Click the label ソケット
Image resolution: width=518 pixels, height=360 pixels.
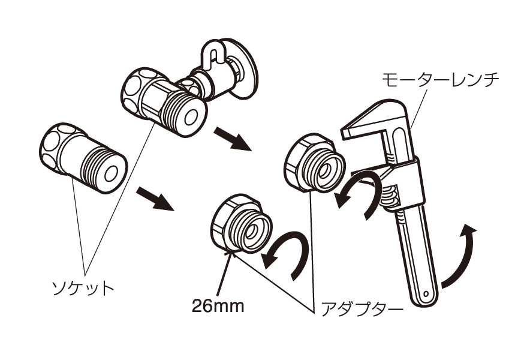pyautogui.click(x=83, y=288)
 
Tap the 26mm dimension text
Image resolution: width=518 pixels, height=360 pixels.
pyautogui.click(x=218, y=306)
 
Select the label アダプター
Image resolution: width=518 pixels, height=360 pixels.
pyautogui.click(x=362, y=310)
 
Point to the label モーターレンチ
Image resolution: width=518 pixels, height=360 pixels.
pyautogui.click(x=441, y=80)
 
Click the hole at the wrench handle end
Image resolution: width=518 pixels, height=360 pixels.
pyautogui.click(x=426, y=293)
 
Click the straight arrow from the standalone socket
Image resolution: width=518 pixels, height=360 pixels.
pyautogui.click(x=155, y=199)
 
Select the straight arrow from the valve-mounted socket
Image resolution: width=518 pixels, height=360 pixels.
pyautogui.click(x=233, y=139)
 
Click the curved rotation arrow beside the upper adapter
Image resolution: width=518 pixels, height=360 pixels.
pyautogui.click(x=358, y=197)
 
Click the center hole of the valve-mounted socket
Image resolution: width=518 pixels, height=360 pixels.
pyautogui.click(x=191, y=118)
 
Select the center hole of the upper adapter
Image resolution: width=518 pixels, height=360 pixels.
pyautogui.click(x=326, y=172)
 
